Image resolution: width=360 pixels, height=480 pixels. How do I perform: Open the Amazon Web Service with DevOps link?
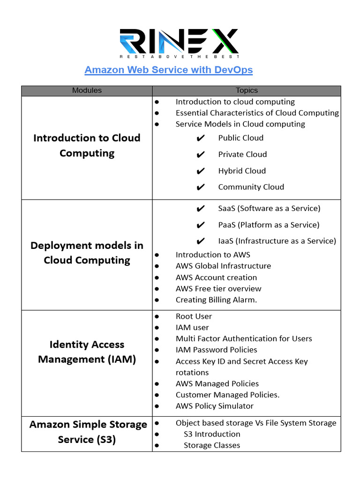coord(168,70)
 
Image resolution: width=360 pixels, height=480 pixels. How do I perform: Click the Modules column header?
coord(87,90)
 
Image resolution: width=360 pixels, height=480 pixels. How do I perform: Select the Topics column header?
coord(247,90)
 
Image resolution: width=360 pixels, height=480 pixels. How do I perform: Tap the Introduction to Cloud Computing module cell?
coord(87,145)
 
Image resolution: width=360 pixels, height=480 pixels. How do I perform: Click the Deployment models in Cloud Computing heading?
coord(87,253)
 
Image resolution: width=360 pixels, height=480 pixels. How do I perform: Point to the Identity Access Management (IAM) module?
coord(87,352)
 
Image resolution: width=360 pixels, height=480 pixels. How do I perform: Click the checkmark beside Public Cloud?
coord(201,138)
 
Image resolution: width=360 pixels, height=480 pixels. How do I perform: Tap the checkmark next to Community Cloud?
coord(201,187)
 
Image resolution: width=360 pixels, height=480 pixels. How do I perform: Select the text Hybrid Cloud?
coord(242,171)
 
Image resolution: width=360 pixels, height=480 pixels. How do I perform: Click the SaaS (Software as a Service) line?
coord(269,208)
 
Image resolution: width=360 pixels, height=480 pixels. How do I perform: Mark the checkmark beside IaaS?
coord(201,241)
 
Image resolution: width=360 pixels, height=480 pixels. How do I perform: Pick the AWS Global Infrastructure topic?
coord(223,266)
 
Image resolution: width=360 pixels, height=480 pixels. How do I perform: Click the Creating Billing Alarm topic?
coord(216,300)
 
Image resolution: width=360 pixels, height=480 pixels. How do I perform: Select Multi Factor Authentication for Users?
coord(244,338)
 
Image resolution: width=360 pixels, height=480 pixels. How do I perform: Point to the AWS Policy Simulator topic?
coord(214,406)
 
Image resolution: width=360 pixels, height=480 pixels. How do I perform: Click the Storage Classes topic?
coord(212,445)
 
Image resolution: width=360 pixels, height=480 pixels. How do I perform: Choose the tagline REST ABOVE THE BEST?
coord(180,56)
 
